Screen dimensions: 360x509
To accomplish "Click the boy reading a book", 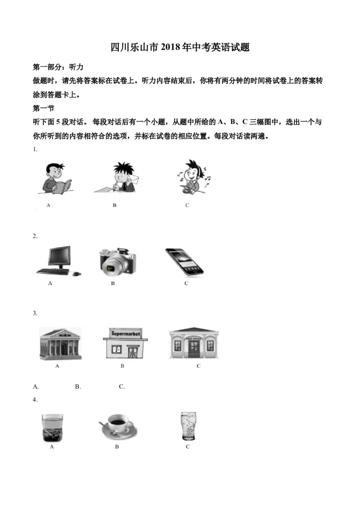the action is [56, 179].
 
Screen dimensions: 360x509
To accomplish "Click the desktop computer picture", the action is [58, 261].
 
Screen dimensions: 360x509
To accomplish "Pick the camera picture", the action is [117, 262].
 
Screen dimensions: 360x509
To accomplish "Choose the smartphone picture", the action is [184, 262].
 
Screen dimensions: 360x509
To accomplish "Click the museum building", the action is [60, 344].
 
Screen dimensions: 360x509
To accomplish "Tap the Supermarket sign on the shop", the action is [126, 333].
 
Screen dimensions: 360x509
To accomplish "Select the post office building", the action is [194, 343].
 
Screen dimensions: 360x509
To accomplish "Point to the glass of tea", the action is [52, 427].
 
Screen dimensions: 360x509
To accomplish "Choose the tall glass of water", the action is [188, 426].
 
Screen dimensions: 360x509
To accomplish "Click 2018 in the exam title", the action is [170, 47].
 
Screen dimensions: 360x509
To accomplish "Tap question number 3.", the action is [35, 313].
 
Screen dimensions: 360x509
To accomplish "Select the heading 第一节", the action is [44, 108].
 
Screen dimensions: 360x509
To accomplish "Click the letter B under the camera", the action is [113, 283].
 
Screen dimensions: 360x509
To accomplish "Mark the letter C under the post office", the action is [198, 366].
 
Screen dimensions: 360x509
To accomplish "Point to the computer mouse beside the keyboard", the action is [76, 274].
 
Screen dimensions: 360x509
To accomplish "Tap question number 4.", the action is [35, 400].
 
